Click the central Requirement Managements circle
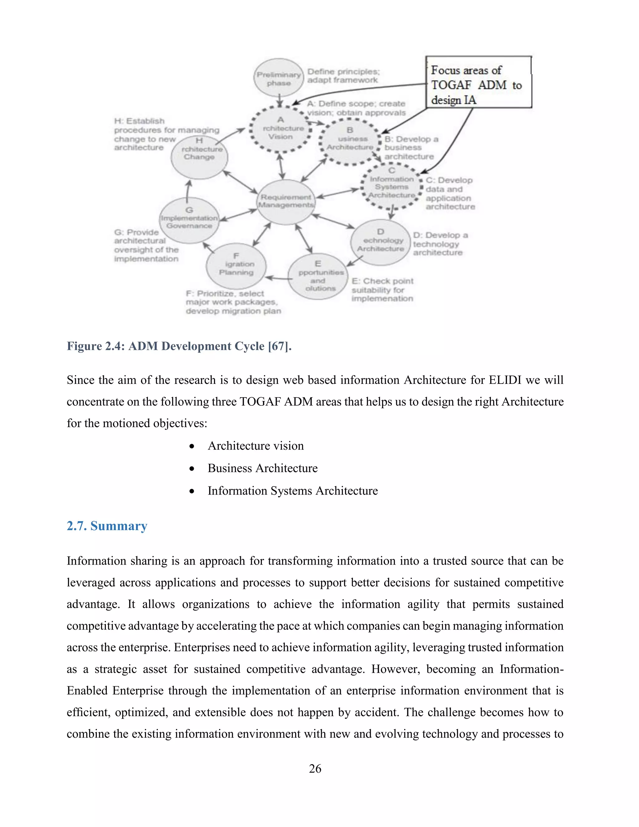(x=286, y=202)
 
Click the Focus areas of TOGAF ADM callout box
(x=479, y=82)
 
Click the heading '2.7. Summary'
(x=107, y=526)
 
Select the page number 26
(x=315, y=769)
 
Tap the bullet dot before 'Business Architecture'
(x=192, y=469)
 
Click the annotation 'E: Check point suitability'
(x=382, y=290)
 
